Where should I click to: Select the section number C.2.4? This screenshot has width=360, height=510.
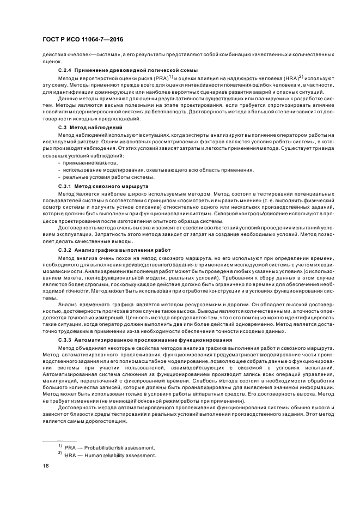[65, 71]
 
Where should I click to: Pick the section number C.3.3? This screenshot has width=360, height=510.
[65, 339]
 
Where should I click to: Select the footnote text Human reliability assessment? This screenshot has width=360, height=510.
[121, 455]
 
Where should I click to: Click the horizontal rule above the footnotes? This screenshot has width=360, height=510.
[60, 441]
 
